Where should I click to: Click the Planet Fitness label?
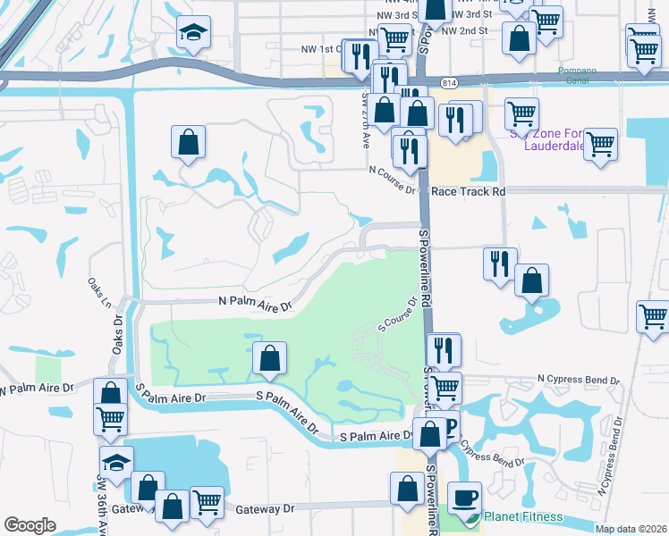(523, 516)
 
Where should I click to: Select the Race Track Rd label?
(468, 191)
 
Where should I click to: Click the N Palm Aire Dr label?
(256, 304)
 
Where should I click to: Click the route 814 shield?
(449, 82)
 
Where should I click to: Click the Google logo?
(30, 525)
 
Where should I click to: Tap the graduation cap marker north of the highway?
(191, 35)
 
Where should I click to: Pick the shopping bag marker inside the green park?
(269, 359)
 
